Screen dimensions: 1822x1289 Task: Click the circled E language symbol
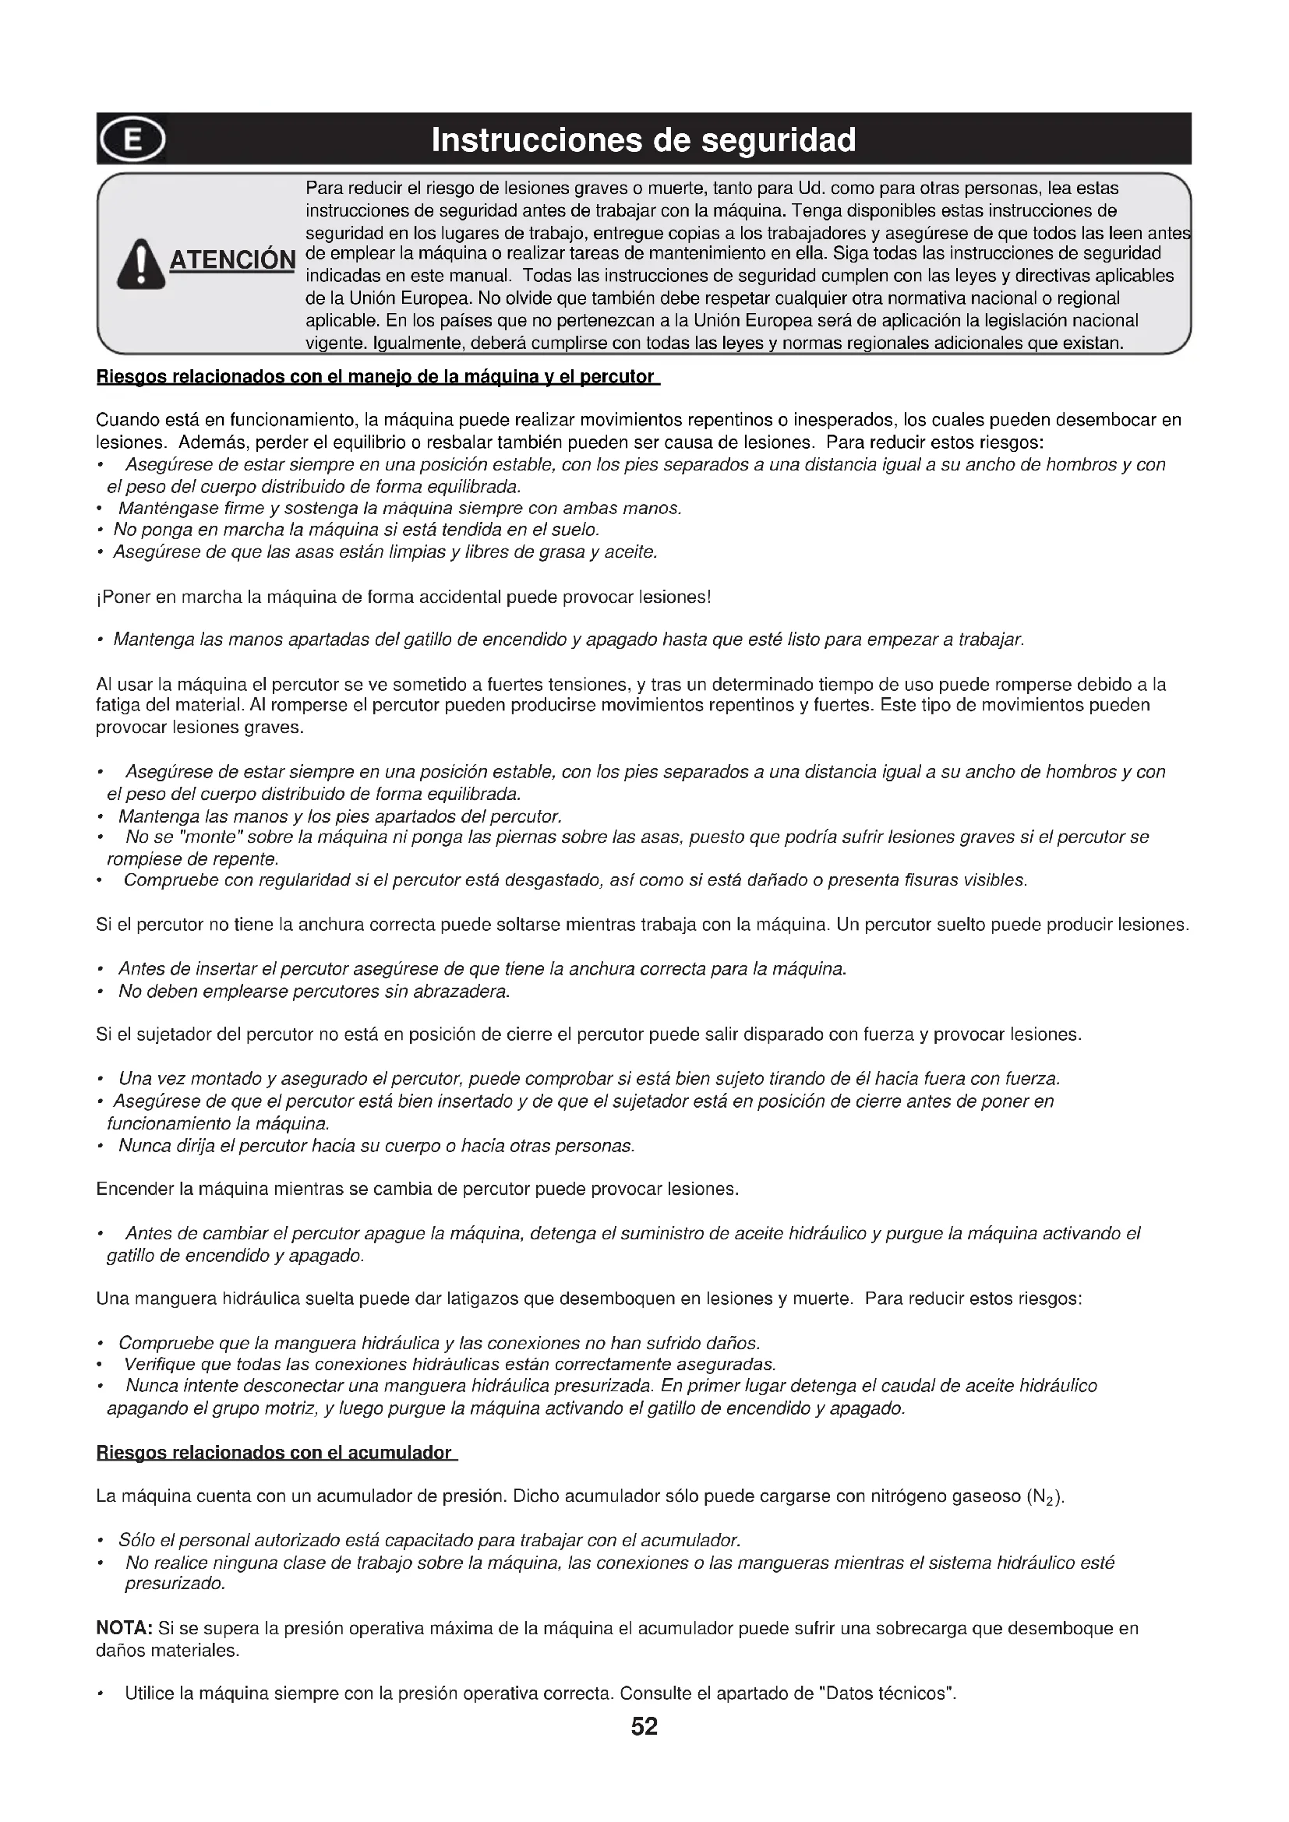132,139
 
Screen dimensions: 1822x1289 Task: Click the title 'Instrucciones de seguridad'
644,140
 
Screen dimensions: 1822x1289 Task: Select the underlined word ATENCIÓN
231,260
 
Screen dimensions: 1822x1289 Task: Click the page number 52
644,1727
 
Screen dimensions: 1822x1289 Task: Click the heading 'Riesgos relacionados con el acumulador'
274,1452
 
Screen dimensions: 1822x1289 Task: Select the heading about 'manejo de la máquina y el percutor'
376,376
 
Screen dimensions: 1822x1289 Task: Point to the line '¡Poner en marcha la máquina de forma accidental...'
403,596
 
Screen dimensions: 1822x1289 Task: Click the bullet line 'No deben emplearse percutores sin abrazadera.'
313,991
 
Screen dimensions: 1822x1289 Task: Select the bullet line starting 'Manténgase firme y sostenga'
399,508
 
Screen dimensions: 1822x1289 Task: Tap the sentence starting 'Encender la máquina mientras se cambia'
418,1189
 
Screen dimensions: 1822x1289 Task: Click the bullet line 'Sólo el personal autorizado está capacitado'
429,1540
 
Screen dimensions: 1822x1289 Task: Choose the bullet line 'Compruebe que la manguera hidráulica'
439,1343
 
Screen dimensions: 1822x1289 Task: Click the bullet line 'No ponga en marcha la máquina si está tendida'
355,529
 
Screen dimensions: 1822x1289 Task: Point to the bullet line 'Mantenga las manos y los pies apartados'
340,816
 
